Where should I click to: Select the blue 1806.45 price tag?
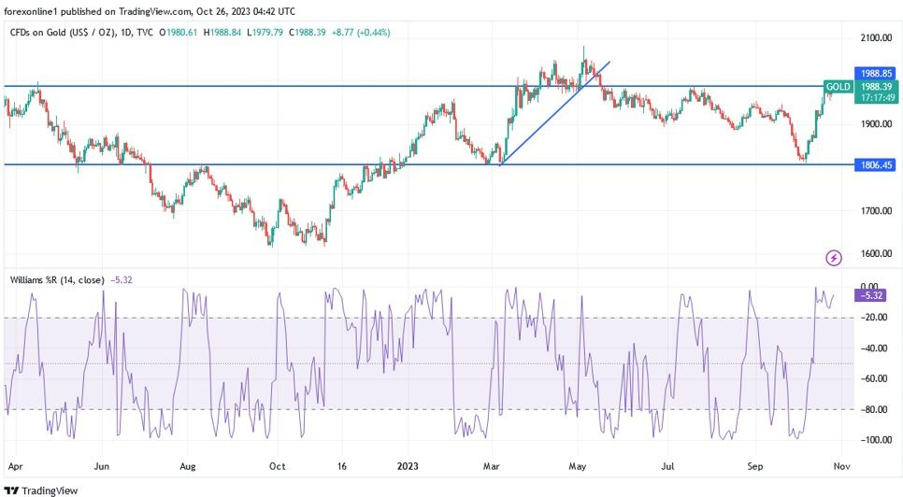point(875,164)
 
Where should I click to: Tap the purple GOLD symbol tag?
point(838,87)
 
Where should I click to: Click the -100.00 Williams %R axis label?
point(874,440)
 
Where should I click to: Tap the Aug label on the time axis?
point(188,464)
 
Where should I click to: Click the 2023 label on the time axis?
point(408,464)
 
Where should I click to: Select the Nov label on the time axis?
point(841,464)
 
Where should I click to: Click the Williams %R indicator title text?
point(55,279)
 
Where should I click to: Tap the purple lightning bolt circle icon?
point(834,257)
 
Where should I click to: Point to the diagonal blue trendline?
point(555,113)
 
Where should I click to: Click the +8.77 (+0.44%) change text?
point(359,32)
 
